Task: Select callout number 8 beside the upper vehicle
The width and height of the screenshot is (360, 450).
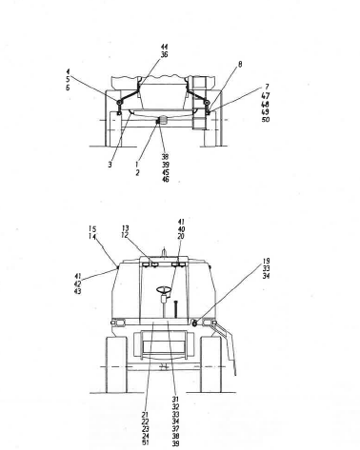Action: click(212, 64)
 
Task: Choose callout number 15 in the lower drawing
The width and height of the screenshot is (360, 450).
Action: click(92, 228)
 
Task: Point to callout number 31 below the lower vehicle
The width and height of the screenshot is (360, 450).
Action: click(175, 400)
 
